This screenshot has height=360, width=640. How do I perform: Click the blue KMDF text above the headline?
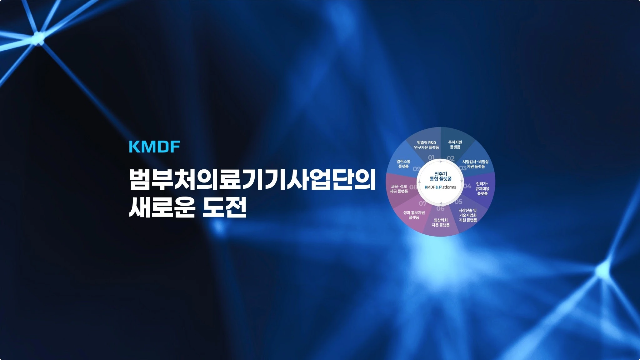(155, 147)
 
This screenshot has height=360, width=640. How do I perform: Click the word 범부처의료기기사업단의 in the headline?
(252, 180)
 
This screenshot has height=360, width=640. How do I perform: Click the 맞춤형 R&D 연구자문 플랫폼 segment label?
(427, 145)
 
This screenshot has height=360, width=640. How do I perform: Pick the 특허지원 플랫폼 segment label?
(455, 145)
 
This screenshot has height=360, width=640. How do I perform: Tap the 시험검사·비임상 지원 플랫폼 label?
(475, 164)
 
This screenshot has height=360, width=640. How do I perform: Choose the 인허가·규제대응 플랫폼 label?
(482, 189)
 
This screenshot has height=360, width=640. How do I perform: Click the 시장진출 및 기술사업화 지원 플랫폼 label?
(468, 215)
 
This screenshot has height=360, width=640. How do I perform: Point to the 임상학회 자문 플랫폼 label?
(441, 222)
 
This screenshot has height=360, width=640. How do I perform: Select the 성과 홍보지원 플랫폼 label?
(414, 215)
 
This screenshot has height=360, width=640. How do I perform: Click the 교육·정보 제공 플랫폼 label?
(399, 189)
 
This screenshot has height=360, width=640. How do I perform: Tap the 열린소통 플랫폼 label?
(403, 164)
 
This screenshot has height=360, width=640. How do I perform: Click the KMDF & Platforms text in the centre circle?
(440, 187)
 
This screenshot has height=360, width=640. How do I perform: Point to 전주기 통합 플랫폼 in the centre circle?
(441, 176)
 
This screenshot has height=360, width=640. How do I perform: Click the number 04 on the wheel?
(467, 186)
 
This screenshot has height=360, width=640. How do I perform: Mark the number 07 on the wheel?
(422, 203)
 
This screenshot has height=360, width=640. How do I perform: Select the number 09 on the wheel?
(417, 169)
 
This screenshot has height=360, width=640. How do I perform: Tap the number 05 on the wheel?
(458, 202)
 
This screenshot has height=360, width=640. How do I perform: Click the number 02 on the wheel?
(451, 158)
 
